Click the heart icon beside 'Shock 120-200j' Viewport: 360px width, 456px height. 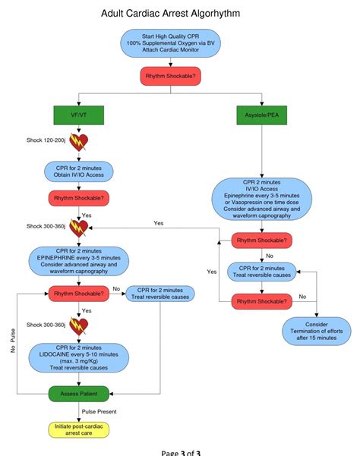click(x=79, y=141)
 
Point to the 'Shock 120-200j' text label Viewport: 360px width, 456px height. click(x=46, y=141)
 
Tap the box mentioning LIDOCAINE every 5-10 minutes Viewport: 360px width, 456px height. click(x=79, y=357)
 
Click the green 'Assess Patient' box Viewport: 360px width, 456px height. click(x=79, y=394)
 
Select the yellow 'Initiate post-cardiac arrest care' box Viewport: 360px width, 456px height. click(x=79, y=429)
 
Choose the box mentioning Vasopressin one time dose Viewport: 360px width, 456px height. click(x=261, y=199)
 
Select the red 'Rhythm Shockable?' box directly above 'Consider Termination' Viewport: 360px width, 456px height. click(x=261, y=301)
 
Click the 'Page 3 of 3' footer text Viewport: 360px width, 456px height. click(x=181, y=451)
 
